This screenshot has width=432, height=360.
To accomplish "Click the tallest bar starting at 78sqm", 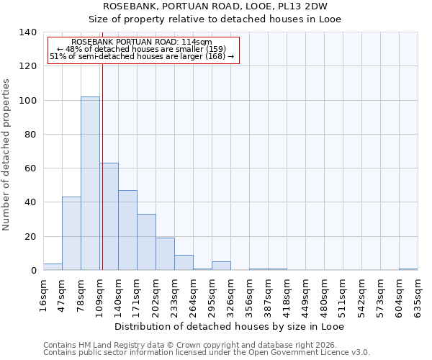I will pyautogui.click(x=90, y=184).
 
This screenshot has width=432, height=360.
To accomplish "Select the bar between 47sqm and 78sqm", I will pyautogui.click(x=71, y=233).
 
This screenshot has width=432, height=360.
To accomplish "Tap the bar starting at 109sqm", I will pyautogui.click(x=109, y=217).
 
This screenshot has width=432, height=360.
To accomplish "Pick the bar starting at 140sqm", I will pyautogui.click(x=127, y=230).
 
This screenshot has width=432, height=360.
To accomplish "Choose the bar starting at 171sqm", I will pyautogui.click(x=146, y=242).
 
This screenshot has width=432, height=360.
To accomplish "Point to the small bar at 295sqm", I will pyautogui.click(x=221, y=266).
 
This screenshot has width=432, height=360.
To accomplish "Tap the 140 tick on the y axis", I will pyautogui.click(x=28, y=32).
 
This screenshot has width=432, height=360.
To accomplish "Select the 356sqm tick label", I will pyautogui.click(x=249, y=296).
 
